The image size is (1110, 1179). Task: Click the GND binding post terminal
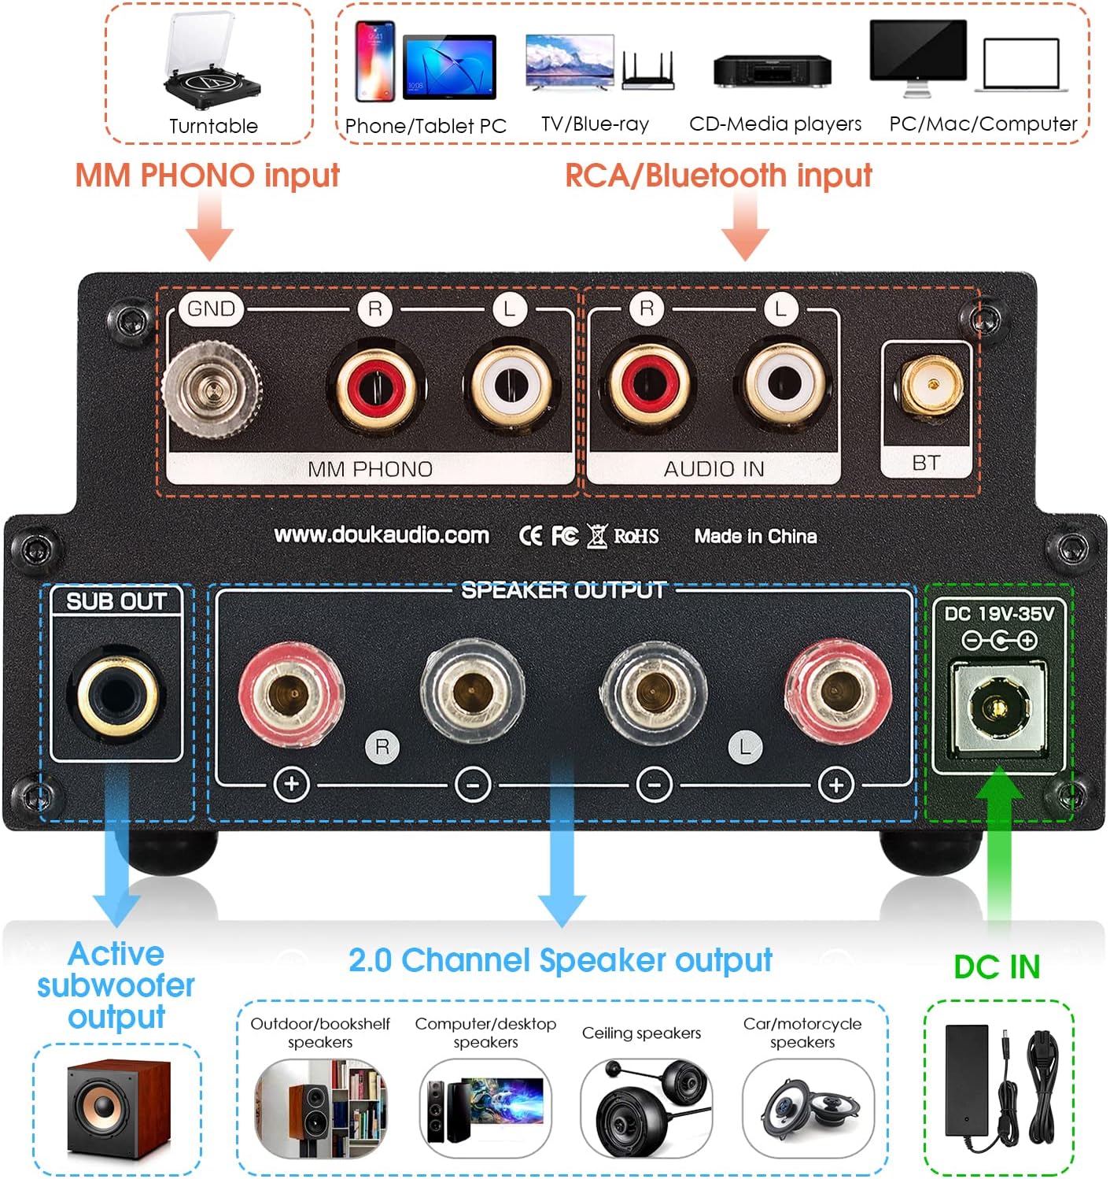(x=211, y=388)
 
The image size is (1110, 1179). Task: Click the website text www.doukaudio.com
(x=382, y=535)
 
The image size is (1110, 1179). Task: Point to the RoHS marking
(x=636, y=536)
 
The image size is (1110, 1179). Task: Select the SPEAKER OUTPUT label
(x=563, y=590)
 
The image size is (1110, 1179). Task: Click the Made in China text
(x=755, y=536)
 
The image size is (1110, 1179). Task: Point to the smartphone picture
(x=374, y=61)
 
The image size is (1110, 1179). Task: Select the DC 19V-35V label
(x=998, y=614)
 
